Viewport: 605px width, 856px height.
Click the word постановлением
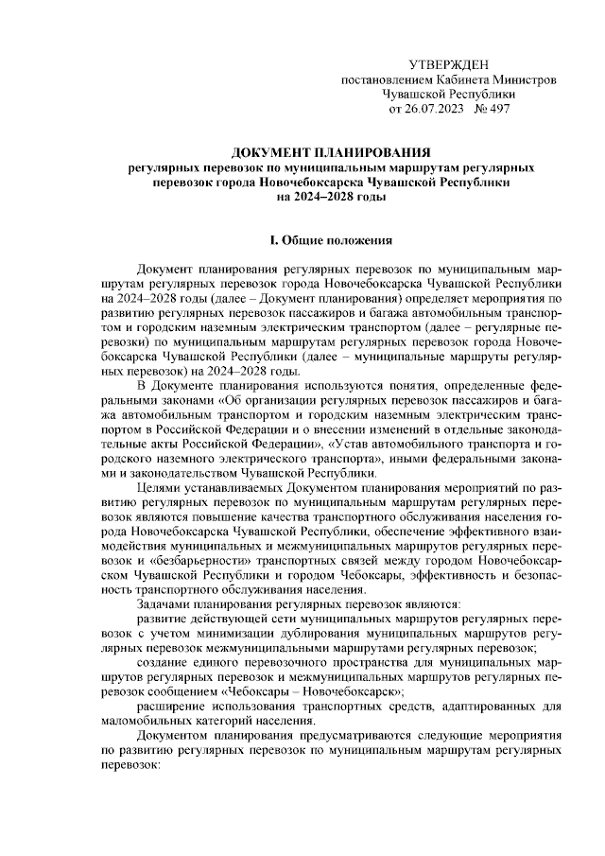(x=383, y=79)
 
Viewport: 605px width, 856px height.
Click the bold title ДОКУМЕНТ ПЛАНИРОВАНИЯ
(x=332, y=151)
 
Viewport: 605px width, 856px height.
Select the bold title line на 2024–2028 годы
(x=332, y=197)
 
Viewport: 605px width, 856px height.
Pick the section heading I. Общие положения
(x=332, y=241)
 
